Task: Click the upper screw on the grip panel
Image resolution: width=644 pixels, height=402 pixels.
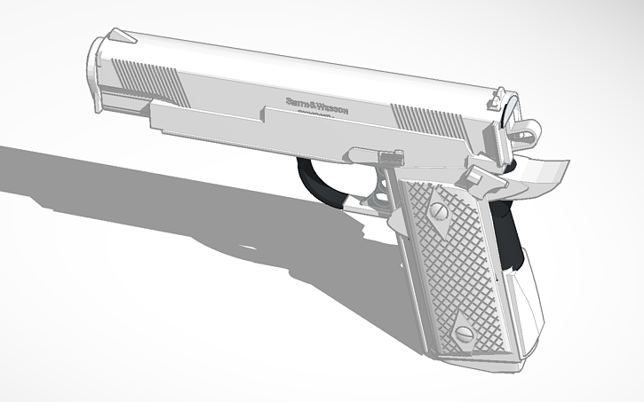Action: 439,211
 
